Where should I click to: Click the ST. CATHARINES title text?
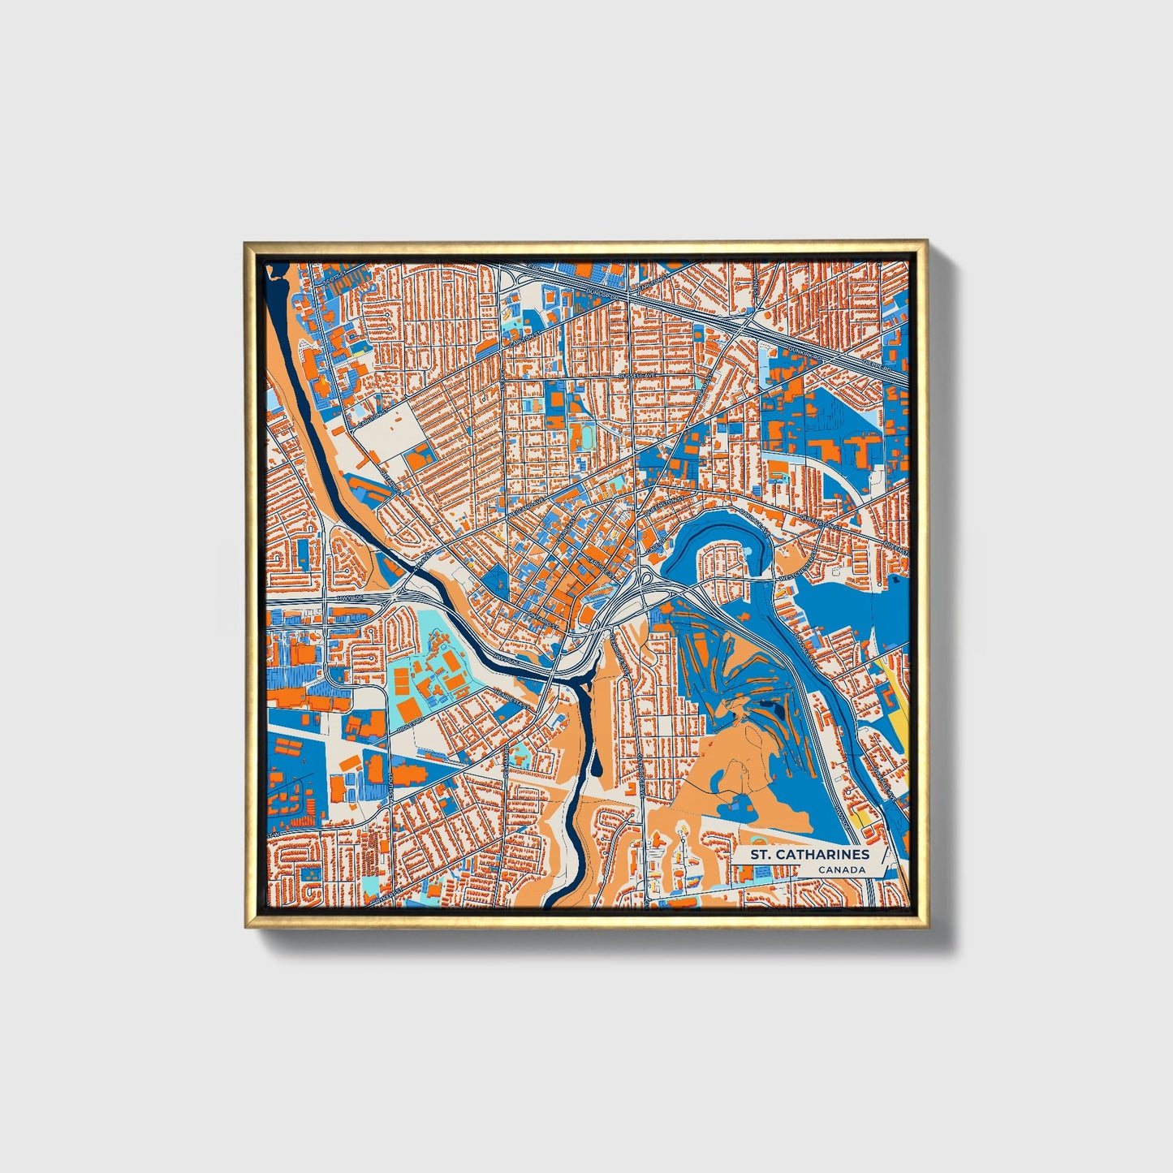[x=809, y=854]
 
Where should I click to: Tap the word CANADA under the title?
[x=841, y=870]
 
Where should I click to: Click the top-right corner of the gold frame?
[x=925, y=241]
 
